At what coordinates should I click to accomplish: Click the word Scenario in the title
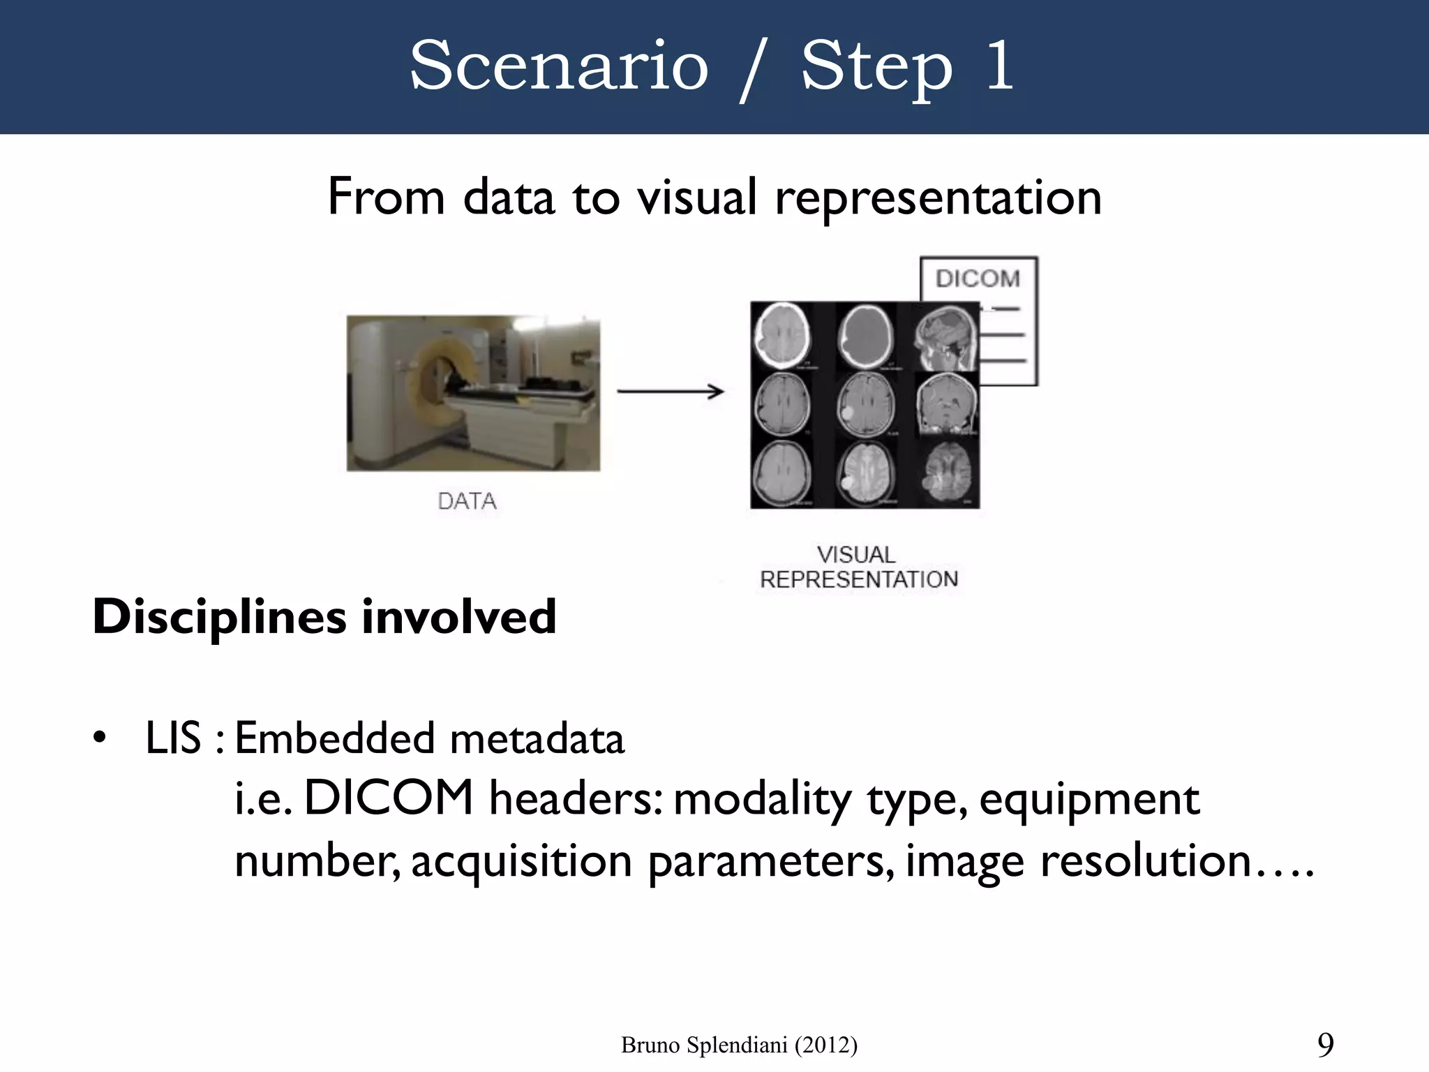tap(559, 66)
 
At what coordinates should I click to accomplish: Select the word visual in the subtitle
tap(696, 198)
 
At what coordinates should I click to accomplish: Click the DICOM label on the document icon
tap(978, 278)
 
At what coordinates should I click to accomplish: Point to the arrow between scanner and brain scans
tap(671, 392)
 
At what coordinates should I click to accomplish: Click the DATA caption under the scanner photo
tap(467, 501)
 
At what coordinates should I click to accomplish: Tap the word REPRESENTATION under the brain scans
tap(858, 579)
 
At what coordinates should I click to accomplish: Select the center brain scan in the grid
tap(865, 405)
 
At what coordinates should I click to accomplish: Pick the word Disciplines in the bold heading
tap(219, 617)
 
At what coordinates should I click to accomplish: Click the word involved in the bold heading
tap(458, 617)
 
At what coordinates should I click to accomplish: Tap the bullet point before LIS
tap(100, 737)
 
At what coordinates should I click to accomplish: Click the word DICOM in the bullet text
tap(389, 798)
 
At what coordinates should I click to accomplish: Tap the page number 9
tap(1325, 1045)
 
